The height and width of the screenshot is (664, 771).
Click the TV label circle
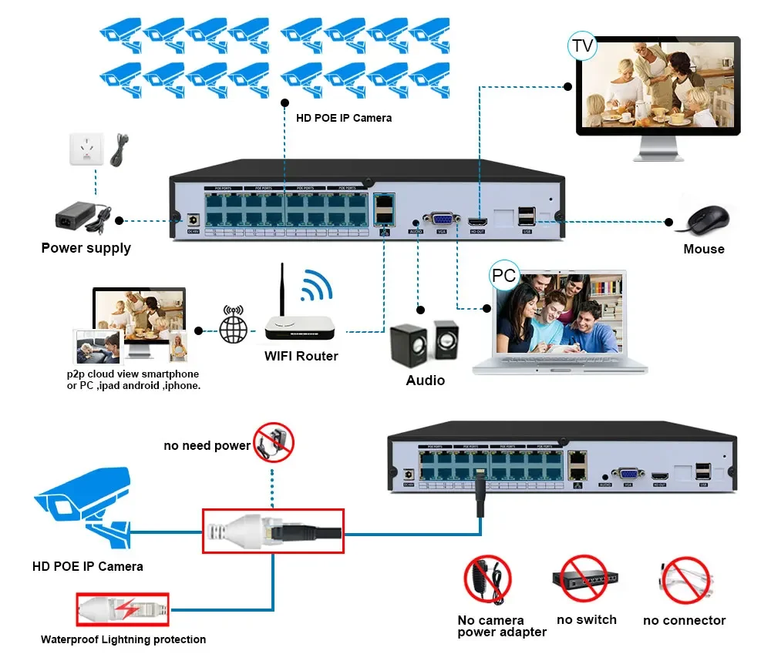[x=582, y=46]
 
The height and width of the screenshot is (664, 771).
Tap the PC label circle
[x=503, y=275]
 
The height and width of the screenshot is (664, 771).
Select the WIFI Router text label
[x=301, y=356]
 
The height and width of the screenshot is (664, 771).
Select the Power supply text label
[x=86, y=248]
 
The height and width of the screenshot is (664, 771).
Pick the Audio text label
[x=425, y=380]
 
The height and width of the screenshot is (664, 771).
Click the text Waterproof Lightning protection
[x=123, y=639]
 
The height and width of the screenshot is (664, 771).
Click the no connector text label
[x=684, y=620]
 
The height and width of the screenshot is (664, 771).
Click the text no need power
[x=207, y=445]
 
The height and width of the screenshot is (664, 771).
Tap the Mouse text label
[x=703, y=249]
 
